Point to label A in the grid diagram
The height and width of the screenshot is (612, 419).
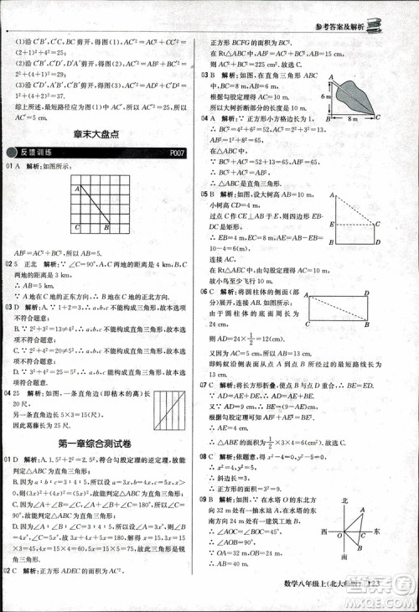click(x=76, y=189)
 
